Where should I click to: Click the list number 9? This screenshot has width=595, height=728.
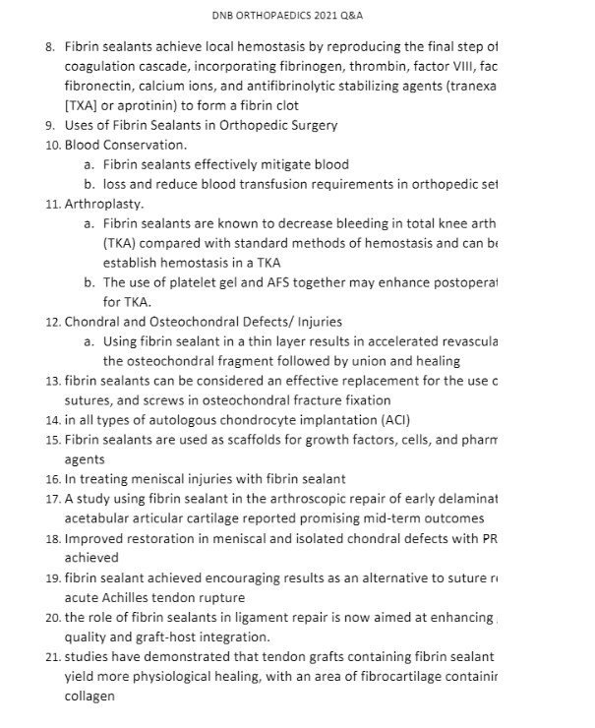[50, 125]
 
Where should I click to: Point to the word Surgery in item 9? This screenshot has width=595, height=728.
[313, 125]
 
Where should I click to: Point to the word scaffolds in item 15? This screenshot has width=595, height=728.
[261, 440]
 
